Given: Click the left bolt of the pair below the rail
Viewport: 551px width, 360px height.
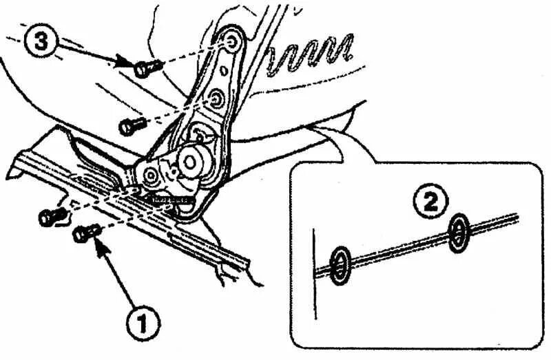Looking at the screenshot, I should [x=49, y=217].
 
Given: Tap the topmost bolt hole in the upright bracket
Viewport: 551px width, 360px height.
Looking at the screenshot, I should [x=232, y=43].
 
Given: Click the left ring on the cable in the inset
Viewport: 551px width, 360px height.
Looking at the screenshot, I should [x=340, y=265].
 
